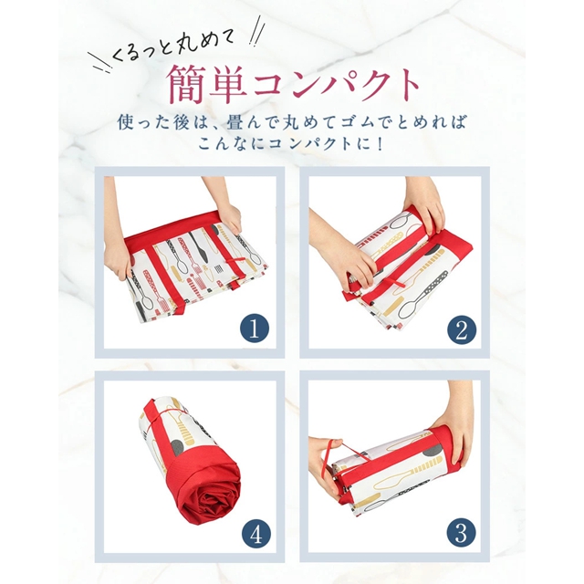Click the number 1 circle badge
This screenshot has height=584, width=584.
point(255,329)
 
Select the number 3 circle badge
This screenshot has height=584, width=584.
point(461,533)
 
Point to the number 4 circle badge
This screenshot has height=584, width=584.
point(256,536)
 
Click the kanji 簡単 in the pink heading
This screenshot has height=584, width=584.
point(207,85)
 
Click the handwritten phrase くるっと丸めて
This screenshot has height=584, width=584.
point(172,47)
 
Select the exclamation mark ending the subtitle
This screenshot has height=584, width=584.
point(380,144)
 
